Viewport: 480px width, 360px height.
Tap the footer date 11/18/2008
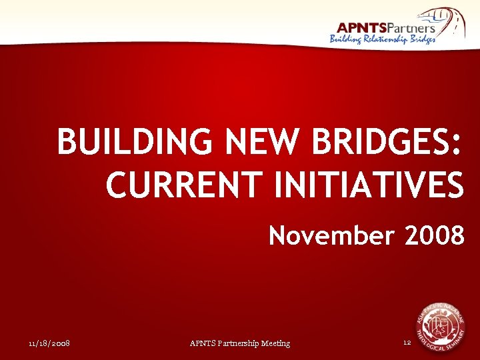(50, 343)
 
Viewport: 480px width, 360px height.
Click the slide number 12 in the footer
(407, 343)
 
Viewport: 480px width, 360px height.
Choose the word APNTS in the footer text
(203, 343)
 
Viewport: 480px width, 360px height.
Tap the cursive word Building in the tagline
(345, 39)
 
